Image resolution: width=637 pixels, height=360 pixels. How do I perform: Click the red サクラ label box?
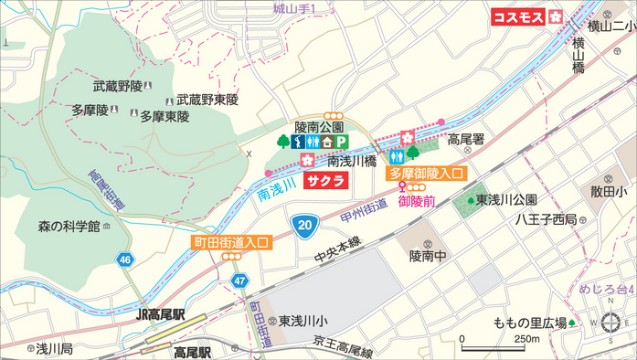pyautogui.click(x=326, y=180)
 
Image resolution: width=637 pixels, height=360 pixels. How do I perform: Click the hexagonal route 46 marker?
pyautogui.click(x=123, y=260)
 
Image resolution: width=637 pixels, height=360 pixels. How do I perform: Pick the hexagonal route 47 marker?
pyautogui.click(x=239, y=280)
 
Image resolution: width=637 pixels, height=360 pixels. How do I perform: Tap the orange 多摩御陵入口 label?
pyautogui.click(x=428, y=173)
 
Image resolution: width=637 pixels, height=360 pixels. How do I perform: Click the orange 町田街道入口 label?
pyautogui.click(x=231, y=242)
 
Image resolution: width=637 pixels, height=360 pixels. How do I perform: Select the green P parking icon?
pyautogui.click(x=341, y=142)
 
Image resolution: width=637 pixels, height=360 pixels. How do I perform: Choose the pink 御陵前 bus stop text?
pyautogui.click(x=416, y=200)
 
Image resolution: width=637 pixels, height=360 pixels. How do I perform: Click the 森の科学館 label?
pyautogui.click(x=69, y=226)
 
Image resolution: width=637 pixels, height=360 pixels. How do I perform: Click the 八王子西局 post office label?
pyautogui.click(x=546, y=219)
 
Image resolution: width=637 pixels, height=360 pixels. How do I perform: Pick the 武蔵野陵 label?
pyautogui.click(x=117, y=86)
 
